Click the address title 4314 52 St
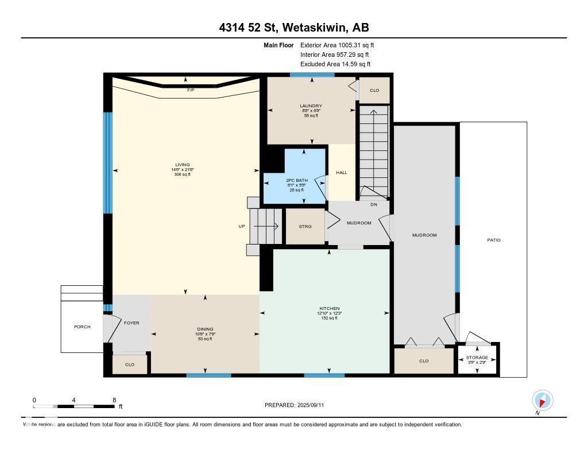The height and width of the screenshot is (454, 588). coord(293,28)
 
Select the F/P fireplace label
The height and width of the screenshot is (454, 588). coord(190,91)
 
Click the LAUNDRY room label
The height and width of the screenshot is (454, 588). coord(311,106)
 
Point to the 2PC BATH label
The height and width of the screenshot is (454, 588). coord(295,180)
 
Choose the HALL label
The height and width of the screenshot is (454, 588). coord(342,172)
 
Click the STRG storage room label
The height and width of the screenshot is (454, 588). coord(305,227)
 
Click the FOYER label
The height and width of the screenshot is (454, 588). coord(131,323)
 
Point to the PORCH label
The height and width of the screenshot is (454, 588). coord(82,327)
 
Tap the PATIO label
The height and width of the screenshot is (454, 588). coord(494,240)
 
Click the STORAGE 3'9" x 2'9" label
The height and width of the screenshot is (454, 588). coord(477,358)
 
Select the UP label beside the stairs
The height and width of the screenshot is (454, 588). coord(242,226)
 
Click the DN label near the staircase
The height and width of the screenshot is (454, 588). coord(373,204)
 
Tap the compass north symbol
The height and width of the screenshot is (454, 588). coord(542,401)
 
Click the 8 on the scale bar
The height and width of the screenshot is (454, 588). coord(114,399)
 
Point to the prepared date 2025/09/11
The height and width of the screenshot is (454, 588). coord(298,405)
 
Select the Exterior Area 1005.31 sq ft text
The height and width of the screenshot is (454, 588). coord(337,45)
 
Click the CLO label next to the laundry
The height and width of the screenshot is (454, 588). coord(374,90)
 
